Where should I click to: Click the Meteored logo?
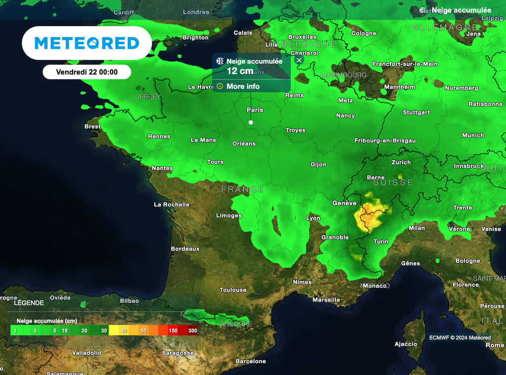click(86, 43)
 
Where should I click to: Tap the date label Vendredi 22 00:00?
click(86, 72)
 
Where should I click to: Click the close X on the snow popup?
click(299, 60)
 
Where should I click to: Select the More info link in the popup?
click(243, 86)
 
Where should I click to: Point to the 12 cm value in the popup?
click(240, 71)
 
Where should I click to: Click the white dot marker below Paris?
click(251, 122)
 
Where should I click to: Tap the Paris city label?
click(255, 110)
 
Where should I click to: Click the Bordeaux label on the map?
click(185, 249)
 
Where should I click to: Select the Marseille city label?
click(326, 300)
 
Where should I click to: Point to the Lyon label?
click(313, 218)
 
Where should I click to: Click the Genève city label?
click(344, 203)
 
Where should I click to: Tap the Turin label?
click(380, 242)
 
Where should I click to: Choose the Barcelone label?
click(251, 361)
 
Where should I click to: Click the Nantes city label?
click(162, 168)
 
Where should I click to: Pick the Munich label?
click(473, 135)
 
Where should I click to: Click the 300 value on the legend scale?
click(192, 331)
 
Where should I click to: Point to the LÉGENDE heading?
click(29, 303)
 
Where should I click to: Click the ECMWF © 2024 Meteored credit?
click(460, 338)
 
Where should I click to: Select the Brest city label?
click(92, 126)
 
